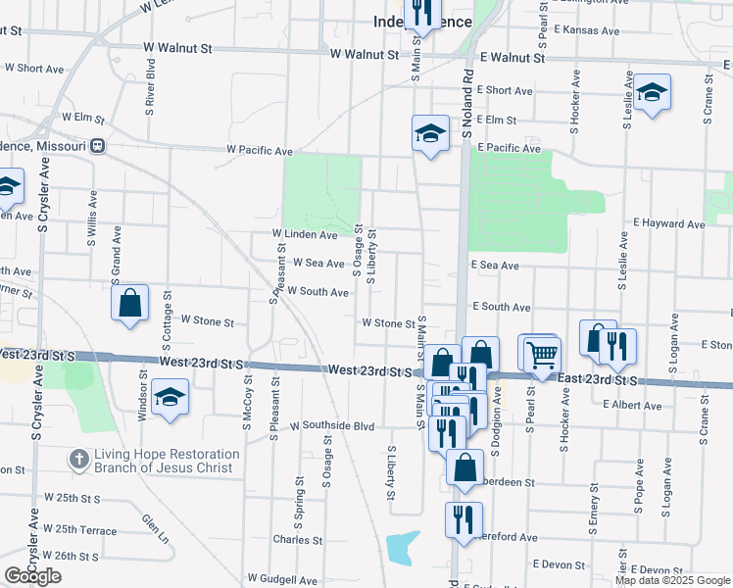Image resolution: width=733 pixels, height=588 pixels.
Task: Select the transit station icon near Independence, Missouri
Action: click(97, 145)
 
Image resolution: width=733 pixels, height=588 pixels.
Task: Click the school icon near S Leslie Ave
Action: click(652, 93)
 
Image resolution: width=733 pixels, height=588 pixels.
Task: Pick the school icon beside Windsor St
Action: click(171, 398)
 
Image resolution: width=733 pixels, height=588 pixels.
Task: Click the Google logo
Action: click(32, 575)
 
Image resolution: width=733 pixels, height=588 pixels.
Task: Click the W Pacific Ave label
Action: click(260, 151)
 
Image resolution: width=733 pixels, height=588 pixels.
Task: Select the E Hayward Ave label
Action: click(669, 224)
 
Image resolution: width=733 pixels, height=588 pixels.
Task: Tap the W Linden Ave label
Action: click(305, 235)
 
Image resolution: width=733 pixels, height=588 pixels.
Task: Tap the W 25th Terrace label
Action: click(86, 529)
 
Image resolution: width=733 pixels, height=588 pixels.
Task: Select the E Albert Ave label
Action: click(633, 405)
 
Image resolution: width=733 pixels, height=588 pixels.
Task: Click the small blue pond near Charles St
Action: click(403, 548)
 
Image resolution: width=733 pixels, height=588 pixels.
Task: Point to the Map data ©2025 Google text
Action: click(671, 580)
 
